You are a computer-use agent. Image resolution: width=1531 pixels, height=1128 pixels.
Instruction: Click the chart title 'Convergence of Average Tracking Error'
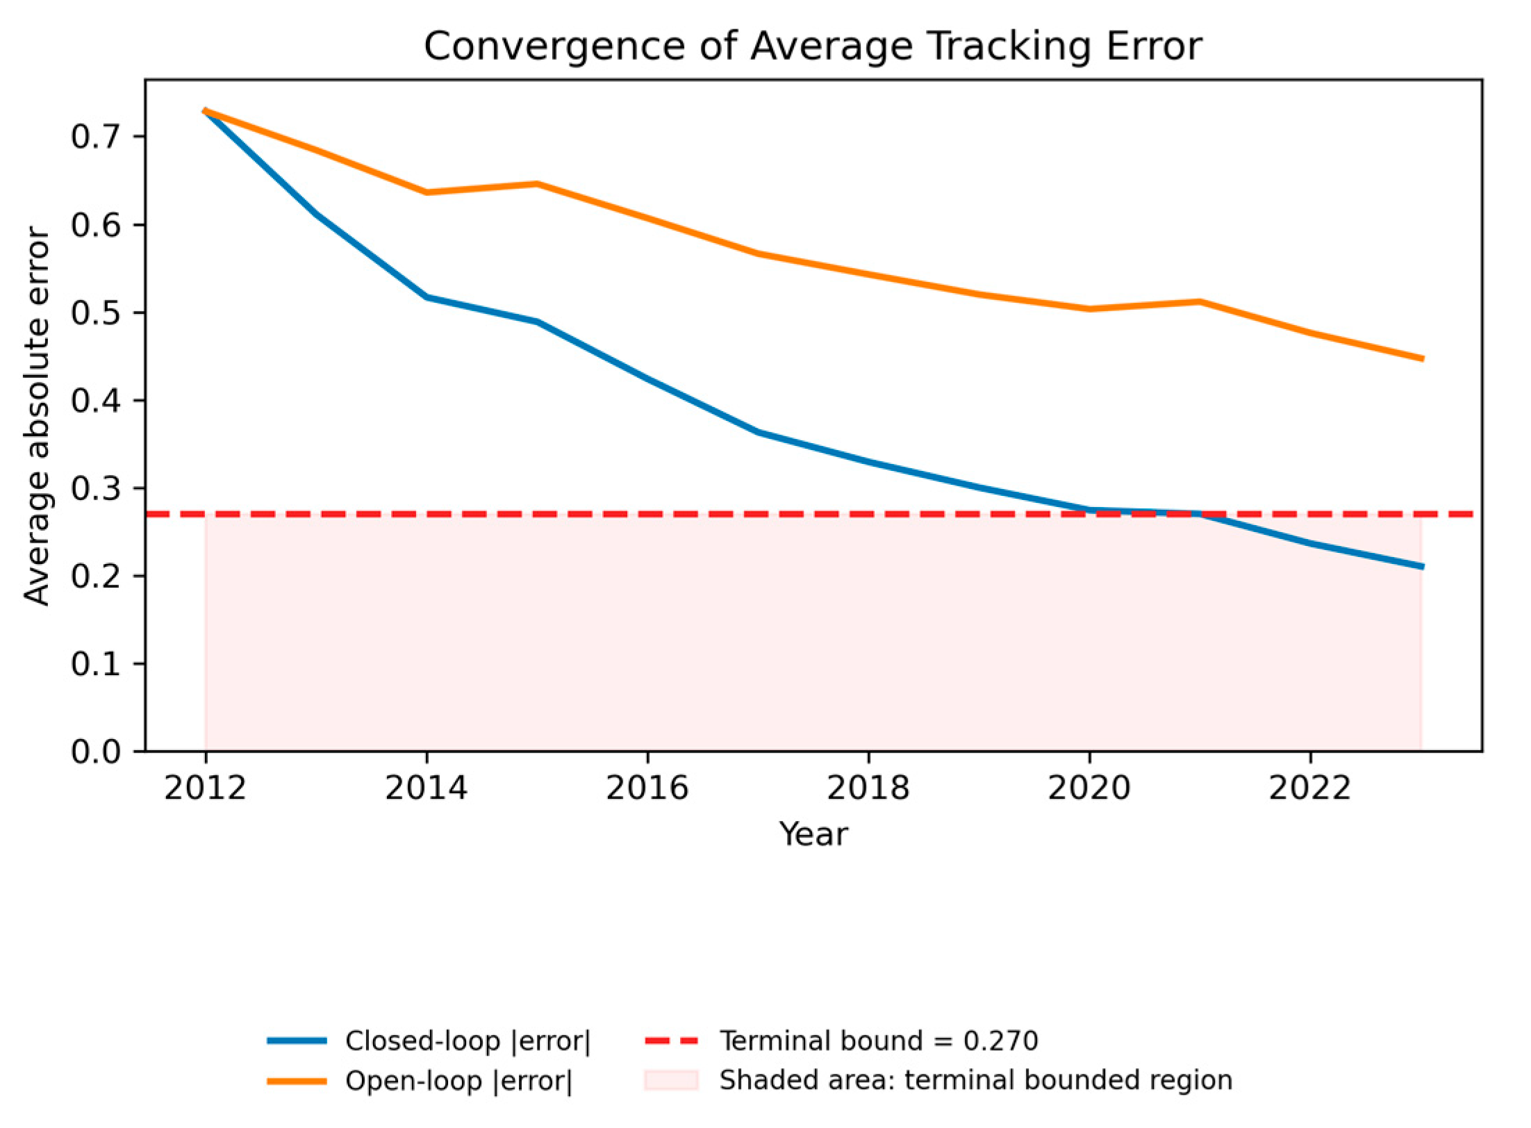pyautogui.click(x=813, y=47)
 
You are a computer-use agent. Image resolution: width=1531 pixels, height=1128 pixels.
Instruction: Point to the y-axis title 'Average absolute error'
pyautogui.click(x=36, y=417)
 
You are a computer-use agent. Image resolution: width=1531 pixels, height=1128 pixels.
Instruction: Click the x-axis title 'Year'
pyautogui.click(x=813, y=833)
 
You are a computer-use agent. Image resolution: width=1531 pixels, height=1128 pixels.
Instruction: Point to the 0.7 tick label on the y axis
pyautogui.click(x=96, y=137)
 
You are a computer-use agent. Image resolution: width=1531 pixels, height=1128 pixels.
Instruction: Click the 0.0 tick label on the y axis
pyautogui.click(x=96, y=752)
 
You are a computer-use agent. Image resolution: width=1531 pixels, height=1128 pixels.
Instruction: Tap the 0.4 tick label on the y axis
pyautogui.click(x=96, y=401)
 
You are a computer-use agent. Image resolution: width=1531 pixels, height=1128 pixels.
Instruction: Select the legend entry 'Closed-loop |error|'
pyautogui.click(x=429, y=1041)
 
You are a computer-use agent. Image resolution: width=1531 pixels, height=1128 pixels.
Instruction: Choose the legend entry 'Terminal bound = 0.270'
pyautogui.click(x=842, y=1041)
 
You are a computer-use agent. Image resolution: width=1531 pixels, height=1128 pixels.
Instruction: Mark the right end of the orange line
pyautogui.click(x=1422, y=359)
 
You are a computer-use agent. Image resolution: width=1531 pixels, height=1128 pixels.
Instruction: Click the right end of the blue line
pyautogui.click(x=1422, y=567)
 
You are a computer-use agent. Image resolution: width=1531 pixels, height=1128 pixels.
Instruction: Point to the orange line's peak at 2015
pyautogui.click(x=537, y=184)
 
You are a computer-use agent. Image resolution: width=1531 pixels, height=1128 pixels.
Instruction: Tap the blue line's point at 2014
pyautogui.click(x=427, y=297)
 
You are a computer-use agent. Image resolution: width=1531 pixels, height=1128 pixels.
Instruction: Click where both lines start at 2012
pyautogui.click(x=206, y=110)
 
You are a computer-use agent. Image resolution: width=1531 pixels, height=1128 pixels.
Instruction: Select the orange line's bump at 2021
pyautogui.click(x=1200, y=301)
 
